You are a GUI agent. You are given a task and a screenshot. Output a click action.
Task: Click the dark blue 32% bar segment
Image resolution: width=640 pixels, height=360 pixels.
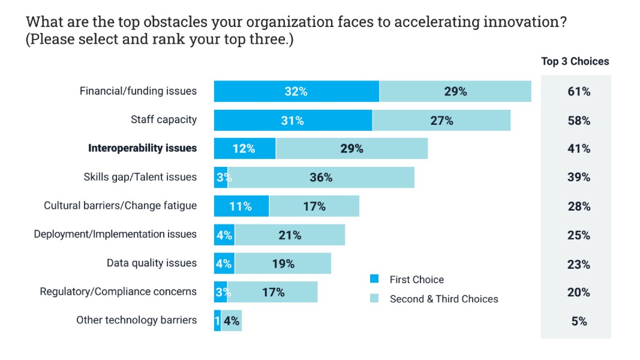click(x=296, y=91)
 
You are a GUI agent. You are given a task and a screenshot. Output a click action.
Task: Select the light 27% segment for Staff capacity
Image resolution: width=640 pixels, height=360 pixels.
click(x=441, y=120)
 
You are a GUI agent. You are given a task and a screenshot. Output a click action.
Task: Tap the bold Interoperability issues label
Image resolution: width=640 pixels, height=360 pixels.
click(x=142, y=148)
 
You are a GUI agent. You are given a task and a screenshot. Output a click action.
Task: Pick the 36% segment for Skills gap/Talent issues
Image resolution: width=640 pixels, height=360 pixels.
click(x=321, y=177)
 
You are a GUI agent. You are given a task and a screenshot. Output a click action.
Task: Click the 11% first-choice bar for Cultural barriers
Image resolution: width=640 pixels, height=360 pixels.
click(x=241, y=206)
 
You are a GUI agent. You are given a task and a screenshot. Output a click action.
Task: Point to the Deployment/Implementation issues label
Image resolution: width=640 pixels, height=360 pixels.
click(x=115, y=234)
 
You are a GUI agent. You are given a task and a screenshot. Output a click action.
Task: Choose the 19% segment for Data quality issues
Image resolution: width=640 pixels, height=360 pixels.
click(x=283, y=263)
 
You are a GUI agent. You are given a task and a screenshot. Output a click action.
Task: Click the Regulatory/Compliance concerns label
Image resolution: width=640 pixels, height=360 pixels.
click(x=118, y=292)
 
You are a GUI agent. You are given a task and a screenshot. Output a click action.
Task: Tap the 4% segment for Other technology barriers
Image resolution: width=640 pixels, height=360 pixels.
click(x=232, y=320)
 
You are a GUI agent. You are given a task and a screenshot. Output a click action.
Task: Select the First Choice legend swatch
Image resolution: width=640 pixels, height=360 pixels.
click(x=374, y=279)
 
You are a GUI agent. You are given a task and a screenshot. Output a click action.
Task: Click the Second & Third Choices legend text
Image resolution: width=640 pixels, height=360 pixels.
click(x=444, y=298)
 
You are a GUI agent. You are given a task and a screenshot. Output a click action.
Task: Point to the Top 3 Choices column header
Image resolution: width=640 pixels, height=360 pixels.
click(x=575, y=61)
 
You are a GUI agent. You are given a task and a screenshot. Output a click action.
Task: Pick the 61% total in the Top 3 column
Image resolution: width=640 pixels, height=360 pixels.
click(x=579, y=91)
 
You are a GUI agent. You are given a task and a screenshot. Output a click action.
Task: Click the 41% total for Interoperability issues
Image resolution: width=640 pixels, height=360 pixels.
click(x=579, y=148)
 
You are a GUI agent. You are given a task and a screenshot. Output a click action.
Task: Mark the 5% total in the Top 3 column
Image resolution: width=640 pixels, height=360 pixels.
click(x=579, y=320)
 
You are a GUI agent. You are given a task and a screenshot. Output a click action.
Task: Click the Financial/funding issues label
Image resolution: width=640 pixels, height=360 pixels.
click(x=138, y=91)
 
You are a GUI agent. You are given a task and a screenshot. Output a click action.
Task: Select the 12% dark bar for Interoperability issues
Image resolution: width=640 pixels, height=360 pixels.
click(x=244, y=148)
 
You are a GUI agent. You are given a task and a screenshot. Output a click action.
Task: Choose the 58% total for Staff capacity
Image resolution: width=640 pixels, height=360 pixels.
click(x=579, y=120)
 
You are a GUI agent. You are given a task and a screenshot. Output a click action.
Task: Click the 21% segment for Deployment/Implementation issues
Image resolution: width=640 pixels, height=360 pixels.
click(x=290, y=235)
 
